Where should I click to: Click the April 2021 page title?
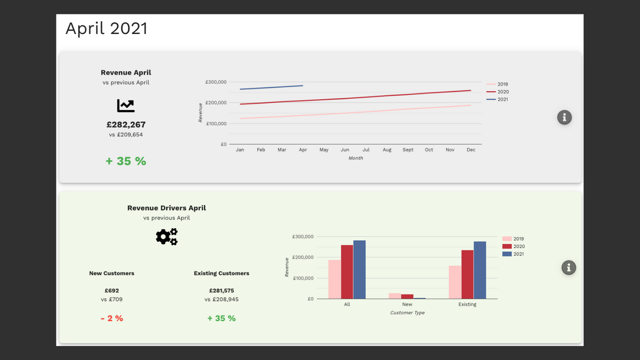(106, 28)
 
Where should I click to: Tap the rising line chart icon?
(125, 105)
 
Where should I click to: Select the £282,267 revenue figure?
(126, 124)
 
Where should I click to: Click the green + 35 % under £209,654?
(125, 161)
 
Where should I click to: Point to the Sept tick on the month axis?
(407, 149)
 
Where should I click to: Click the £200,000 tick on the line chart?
(216, 102)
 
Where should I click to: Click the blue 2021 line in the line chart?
(271, 87)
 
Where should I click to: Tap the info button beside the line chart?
(564, 117)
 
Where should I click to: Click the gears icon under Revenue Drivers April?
(166, 236)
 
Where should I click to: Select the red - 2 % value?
(111, 318)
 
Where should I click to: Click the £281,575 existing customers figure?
(221, 290)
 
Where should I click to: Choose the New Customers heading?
(111, 273)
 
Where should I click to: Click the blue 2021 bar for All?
(359, 269)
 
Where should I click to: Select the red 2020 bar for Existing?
(467, 274)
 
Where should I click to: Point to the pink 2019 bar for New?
(395, 296)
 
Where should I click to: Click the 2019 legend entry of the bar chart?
(513, 239)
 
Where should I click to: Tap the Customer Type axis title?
(407, 312)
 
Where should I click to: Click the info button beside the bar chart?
(569, 267)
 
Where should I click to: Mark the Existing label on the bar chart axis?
(467, 304)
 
